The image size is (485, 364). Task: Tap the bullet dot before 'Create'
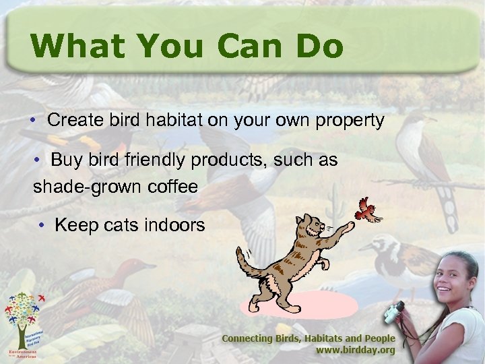pos(32,122)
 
